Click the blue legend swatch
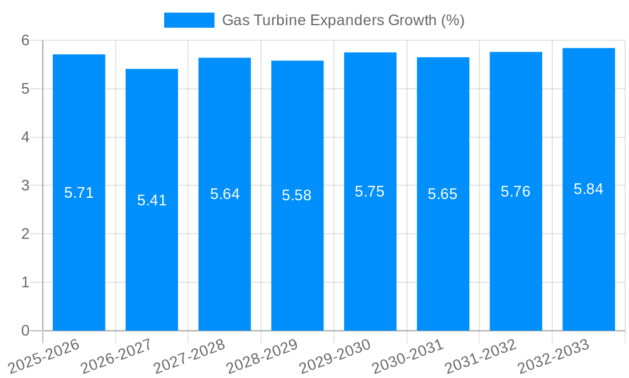tap(189, 20)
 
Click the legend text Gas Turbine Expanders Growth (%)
tap(343, 20)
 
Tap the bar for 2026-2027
tap(152, 265)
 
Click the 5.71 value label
tap(79, 193)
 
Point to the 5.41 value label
tap(152, 200)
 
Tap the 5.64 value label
tap(225, 194)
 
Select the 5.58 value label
tap(297, 195)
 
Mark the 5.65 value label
tap(443, 194)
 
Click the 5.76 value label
tap(516, 192)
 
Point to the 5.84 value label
tap(589, 189)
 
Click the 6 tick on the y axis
tap(25, 40)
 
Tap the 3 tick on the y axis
tap(25, 186)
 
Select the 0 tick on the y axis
tap(25, 331)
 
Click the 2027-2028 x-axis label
tap(189, 357)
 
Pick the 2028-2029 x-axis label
tap(262, 357)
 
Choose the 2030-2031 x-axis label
tap(408, 357)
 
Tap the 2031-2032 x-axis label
tap(481, 357)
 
